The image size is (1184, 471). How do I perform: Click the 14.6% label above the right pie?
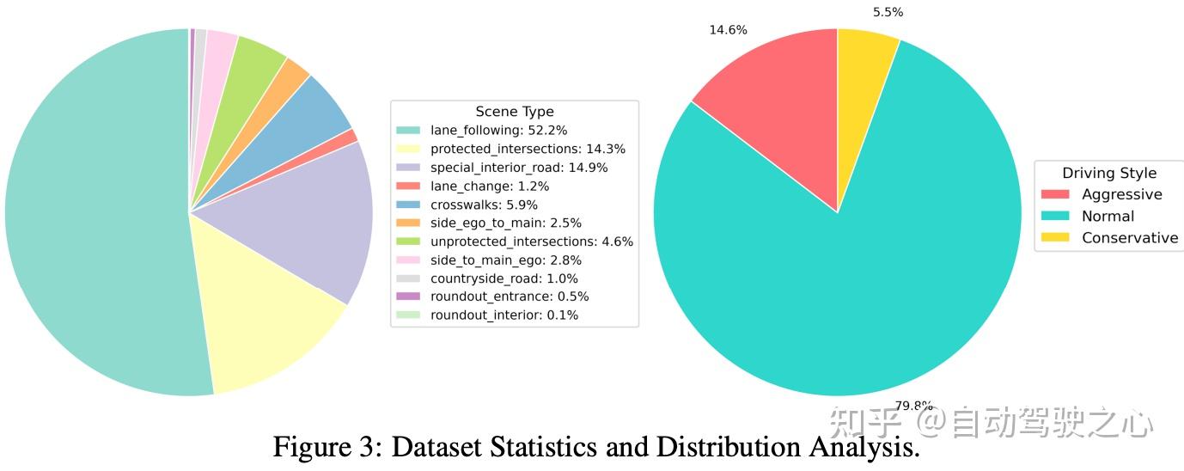[x=728, y=30]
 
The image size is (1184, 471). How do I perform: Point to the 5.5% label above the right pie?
[x=888, y=12]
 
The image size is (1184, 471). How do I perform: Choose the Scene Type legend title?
[x=515, y=112]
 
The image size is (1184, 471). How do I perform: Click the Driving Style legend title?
[x=1109, y=173]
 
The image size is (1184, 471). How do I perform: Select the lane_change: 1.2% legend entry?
[x=489, y=186]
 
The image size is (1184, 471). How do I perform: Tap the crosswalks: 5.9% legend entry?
[x=484, y=205]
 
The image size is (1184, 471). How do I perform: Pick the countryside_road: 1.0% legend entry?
[x=504, y=278]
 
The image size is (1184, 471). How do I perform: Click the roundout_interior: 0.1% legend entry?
[x=504, y=315]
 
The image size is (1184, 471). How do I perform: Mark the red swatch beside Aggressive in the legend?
[x=1054, y=195]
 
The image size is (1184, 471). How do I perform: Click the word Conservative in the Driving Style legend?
[x=1130, y=238]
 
